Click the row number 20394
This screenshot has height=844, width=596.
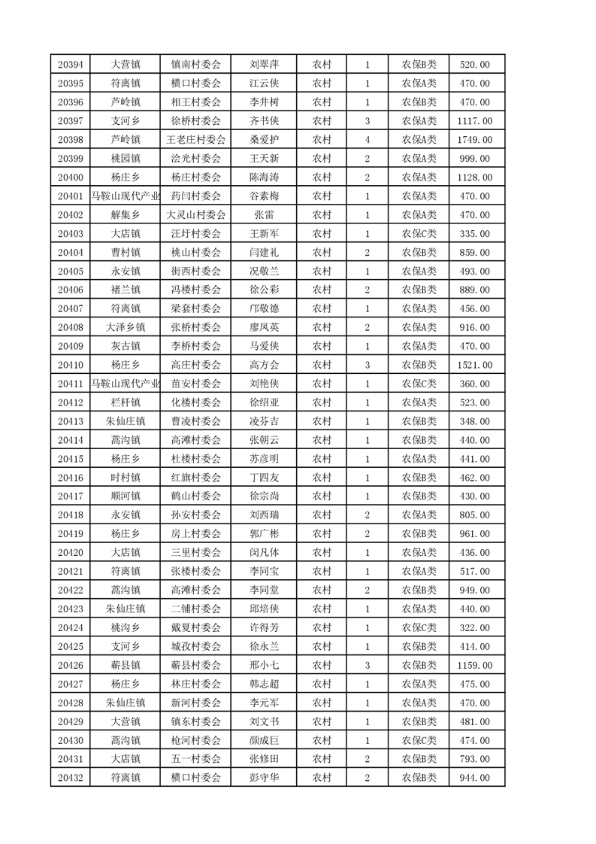click(x=70, y=65)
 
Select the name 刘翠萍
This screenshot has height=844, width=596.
click(x=264, y=65)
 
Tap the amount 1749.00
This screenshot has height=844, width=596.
click(x=475, y=140)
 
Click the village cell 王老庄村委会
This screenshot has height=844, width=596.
click(x=195, y=140)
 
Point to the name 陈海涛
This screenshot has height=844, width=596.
click(x=264, y=178)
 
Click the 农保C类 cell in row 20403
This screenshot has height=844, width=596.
click(x=419, y=234)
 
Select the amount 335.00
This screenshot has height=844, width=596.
click(x=475, y=234)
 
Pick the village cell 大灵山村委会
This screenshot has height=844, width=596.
click(x=195, y=215)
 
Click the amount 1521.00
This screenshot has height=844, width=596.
click(x=475, y=365)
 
